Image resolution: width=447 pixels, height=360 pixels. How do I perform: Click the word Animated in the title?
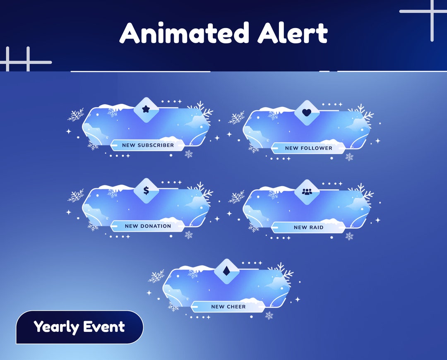click(185, 33)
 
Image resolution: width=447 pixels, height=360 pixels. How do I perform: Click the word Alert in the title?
click(293, 33)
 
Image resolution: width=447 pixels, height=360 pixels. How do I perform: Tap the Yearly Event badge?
click(79, 327)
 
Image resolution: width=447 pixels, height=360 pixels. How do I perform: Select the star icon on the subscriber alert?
click(146, 109)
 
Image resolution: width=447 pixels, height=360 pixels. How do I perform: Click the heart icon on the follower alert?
click(307, 112)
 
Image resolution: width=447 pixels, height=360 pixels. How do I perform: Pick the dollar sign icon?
click(146, 190)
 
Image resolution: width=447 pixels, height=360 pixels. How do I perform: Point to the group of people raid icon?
click(307, 192)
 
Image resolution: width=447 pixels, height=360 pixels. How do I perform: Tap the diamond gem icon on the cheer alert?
click(226, 271)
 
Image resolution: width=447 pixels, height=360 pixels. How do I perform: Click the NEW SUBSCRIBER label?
click(148, 145)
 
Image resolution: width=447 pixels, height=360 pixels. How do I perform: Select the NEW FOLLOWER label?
click(308, 148)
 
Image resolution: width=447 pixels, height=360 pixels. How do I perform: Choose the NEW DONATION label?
click(148, 226)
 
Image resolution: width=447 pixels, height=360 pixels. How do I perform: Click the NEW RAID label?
click(308, 227)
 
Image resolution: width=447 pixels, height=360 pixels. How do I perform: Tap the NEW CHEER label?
click(228, 307)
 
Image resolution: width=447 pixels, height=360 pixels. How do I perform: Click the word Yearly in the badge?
click(56, 327)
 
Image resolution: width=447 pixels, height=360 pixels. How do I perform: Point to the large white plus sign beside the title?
click(432, 12)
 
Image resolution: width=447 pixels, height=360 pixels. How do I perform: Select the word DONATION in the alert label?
click(156, 226)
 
